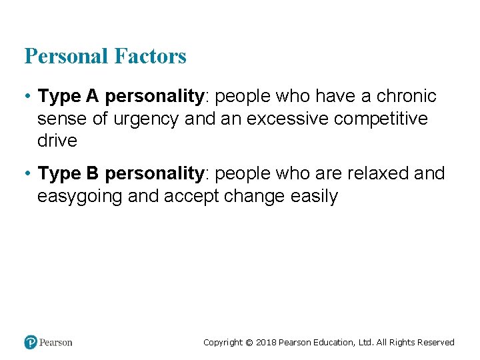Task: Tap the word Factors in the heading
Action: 150,56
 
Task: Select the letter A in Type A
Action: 92,96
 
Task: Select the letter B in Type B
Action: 92,173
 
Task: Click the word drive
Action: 57,141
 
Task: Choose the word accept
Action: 191,197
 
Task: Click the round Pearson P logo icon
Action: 31,342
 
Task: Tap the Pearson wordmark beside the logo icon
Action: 56,342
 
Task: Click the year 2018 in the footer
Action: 265,343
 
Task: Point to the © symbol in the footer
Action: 249,343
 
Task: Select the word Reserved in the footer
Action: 436,343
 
